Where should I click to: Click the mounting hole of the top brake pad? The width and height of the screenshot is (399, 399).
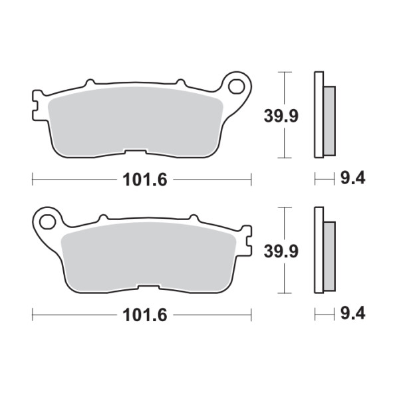236,86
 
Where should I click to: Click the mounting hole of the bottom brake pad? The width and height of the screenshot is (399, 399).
48,222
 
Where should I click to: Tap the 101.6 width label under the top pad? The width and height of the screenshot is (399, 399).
145,180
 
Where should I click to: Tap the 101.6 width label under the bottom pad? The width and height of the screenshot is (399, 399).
145,315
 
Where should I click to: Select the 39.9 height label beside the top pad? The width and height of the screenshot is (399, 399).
281,116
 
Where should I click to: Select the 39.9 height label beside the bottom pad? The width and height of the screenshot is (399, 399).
281,251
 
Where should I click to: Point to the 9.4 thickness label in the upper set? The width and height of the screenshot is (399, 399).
353,178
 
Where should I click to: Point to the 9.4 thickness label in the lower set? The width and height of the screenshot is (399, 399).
353,313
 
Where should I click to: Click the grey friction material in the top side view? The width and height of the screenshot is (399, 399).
329,121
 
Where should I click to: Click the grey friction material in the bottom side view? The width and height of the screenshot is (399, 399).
329,256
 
